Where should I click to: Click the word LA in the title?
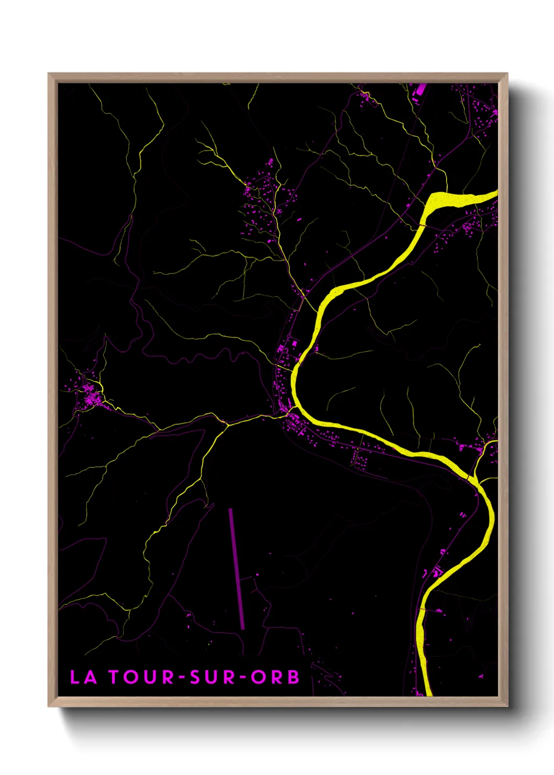83,677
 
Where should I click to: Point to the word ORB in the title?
275,677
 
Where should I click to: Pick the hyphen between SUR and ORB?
243,678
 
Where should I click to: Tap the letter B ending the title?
293,677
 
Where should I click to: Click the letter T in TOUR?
115,677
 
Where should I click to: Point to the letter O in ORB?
258,677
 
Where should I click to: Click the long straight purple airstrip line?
237,568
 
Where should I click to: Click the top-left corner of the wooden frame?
49,74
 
